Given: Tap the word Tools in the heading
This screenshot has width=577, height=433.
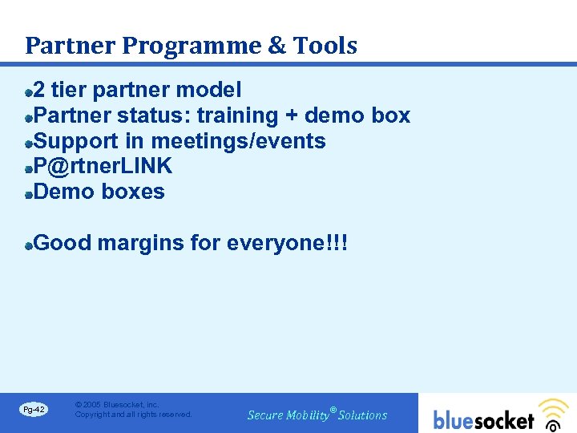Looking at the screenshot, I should click(x=325, y=46).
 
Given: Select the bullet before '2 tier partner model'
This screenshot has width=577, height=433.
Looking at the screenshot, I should click(x=29, y=91).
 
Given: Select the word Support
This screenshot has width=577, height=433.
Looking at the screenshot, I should click(x=77, y=142).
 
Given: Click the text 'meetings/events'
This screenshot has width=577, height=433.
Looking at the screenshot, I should click(x=238, y=142).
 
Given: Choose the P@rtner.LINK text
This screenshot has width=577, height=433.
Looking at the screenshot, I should click(x=103, y=167).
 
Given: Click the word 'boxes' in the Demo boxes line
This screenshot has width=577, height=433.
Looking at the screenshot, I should click(x=133, y=192).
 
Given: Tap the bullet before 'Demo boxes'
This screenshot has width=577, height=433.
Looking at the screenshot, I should click(x=29, y=193).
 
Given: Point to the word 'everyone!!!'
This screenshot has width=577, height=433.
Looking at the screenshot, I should click(x=288, y=243).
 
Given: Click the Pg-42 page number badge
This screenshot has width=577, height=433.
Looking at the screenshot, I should click(x=34, y=410).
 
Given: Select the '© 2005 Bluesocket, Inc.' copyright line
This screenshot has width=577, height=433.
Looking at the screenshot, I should click(x=117, y=405).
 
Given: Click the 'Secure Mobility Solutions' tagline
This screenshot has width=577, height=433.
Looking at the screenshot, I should click(x=317, y=415).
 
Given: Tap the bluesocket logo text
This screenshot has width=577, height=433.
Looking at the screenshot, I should click(x=483, y=420).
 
